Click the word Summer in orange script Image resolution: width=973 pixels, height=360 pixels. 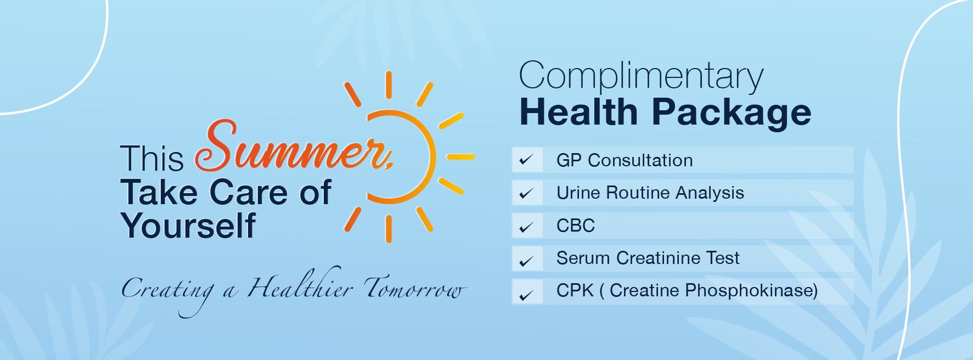point(294,147)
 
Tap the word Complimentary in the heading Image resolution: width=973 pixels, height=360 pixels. point(641,76)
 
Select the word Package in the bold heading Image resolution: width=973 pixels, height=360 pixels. point(732,114)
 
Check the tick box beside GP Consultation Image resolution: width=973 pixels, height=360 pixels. point(527,160)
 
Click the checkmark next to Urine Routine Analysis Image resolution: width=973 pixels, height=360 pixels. point(527,193)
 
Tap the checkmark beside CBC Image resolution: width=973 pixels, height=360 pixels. point(527,226)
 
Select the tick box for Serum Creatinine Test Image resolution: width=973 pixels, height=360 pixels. point(527,258)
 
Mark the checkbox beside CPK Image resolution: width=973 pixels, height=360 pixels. point(527,291)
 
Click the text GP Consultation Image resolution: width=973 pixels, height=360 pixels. point(625,160)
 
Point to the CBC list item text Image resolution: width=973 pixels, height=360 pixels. point(576,226)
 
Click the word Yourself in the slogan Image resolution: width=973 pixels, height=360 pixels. point(188,226)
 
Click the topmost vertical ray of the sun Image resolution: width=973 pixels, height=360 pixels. point(389,85)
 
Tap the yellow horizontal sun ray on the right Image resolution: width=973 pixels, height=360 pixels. point(460,157)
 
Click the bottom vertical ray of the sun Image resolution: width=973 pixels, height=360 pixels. point(389,229)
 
